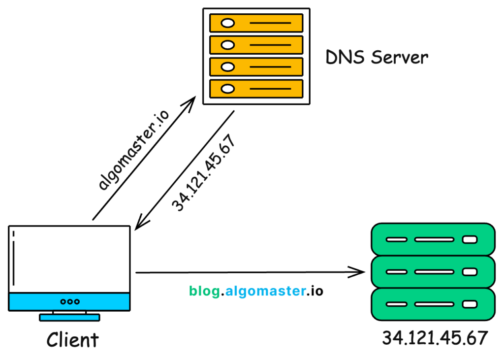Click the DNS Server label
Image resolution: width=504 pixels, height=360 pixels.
point(377,58)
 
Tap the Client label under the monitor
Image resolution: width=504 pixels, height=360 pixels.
point(72,339)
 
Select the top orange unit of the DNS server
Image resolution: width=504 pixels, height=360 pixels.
point(256,23)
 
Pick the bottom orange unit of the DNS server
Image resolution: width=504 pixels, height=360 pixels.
point(256,89)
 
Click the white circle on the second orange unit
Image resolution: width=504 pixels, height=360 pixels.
point(227,45)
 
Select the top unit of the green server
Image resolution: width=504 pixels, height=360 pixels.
point(432,240)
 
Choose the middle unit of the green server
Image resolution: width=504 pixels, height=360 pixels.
point(432,271)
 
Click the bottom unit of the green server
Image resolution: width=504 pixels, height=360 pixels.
point(432,304)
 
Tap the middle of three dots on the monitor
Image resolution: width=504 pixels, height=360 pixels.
point(69,301)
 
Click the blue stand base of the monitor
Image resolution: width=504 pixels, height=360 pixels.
point(69,318)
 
